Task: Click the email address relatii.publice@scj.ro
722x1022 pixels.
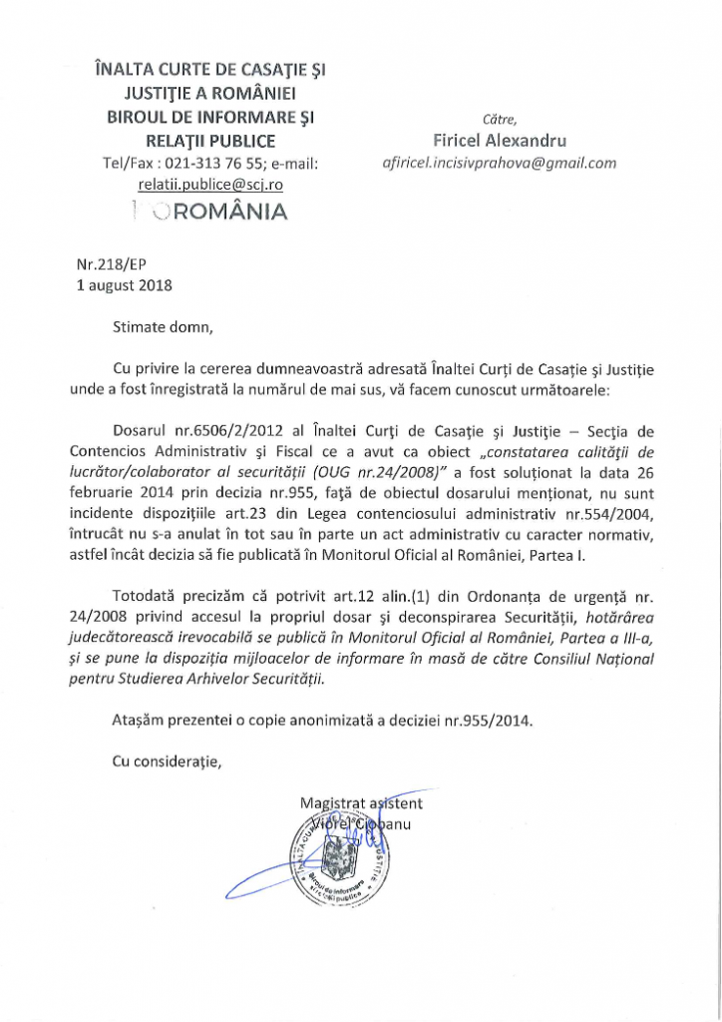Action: tap(210, 185)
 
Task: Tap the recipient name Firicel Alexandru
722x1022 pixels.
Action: tap(500, 141)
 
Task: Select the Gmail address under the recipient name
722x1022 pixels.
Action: tap(500, 163)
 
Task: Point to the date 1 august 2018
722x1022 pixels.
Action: tap(125, 285)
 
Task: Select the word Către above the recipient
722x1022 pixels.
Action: tap(499, 120)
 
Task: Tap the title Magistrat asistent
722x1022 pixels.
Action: tap(361, 803)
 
